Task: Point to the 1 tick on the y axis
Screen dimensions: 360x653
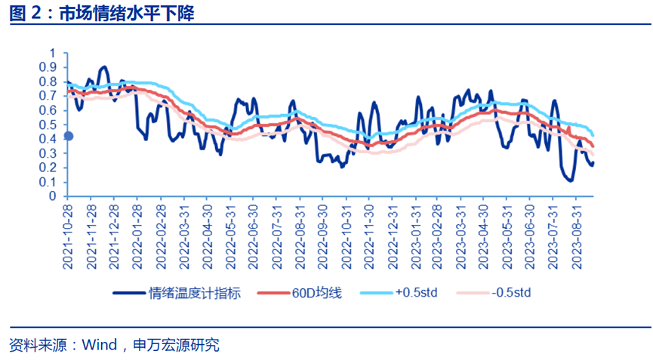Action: pos(53,53)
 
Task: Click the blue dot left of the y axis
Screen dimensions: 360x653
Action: pos(68,136)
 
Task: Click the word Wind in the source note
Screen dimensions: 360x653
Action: pos(99,345)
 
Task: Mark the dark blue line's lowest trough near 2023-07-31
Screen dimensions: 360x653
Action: pos(568,180)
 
